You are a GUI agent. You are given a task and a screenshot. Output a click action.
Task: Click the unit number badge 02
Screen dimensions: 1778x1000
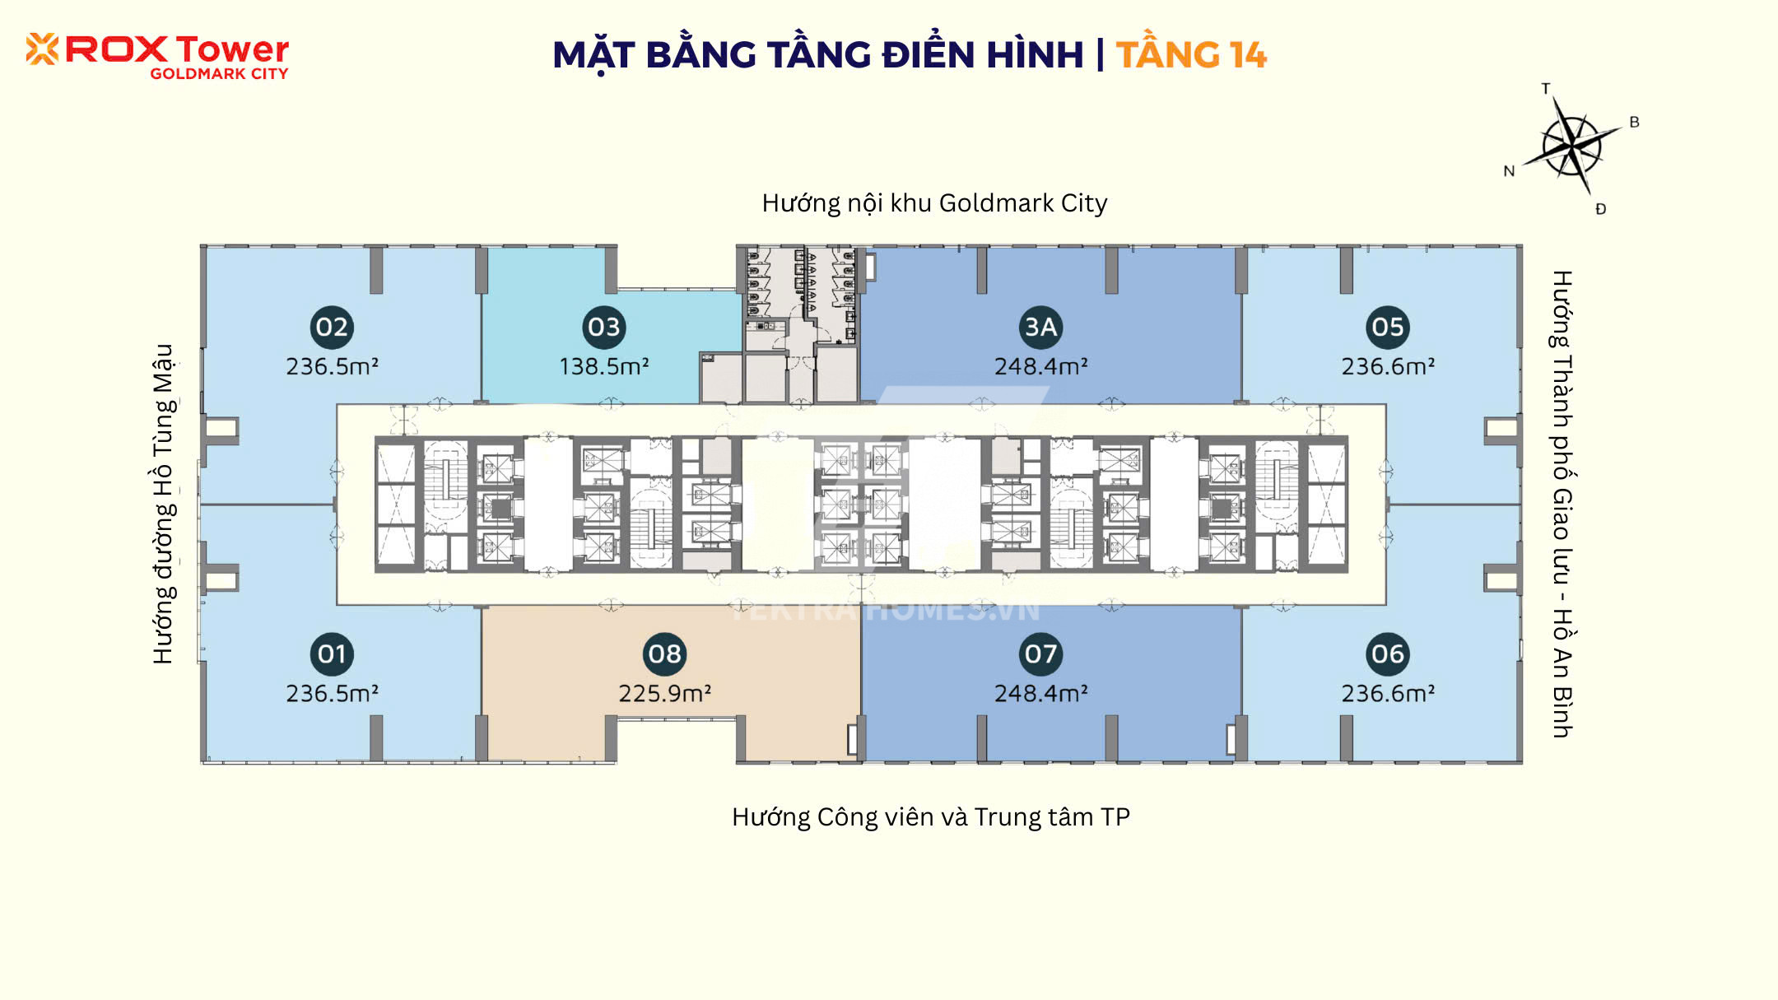point(332,327)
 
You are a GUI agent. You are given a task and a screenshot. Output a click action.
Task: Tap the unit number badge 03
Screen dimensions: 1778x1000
point(604,327)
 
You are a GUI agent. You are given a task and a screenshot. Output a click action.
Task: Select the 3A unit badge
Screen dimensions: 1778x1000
point(1040,327)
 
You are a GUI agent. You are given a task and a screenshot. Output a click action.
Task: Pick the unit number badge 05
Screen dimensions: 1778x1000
point(1388,327)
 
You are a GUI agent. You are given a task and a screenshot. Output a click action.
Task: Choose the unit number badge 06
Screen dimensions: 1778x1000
point(1388,654)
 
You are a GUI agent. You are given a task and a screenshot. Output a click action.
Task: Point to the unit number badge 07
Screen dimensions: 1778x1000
point(1040,654)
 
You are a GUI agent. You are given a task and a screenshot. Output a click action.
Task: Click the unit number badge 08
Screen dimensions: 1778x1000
point(664,654)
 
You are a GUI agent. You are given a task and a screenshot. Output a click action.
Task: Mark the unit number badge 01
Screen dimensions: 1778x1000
point(332,654)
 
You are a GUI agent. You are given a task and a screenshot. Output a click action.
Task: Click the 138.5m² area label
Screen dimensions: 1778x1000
point(604,366)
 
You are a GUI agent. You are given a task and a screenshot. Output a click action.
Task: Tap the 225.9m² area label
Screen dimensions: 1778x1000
point(664,694)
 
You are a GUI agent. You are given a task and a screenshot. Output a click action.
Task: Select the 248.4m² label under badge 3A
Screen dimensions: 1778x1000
point(1040,366)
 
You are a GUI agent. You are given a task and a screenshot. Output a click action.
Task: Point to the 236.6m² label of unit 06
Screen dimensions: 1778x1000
point(1388,694)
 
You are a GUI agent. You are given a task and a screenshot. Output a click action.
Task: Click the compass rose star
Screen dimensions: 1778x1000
point(1571,147)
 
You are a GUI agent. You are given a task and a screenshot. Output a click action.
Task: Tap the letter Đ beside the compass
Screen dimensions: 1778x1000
point(1600,209)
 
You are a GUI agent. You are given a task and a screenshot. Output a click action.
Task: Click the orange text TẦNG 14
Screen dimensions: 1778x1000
point(1191,55)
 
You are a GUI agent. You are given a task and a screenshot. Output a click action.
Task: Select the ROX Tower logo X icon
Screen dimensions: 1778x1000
point(42,49)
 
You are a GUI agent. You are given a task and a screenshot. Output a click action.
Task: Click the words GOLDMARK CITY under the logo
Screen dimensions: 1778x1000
point(219,74)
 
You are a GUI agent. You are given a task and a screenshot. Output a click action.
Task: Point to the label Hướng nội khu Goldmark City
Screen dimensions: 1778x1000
point(934,203)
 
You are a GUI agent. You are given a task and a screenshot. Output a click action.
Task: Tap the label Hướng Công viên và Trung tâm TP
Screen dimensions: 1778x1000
point(931,817)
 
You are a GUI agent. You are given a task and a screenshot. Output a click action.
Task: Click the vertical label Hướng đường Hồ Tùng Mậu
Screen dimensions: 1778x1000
point(164,504)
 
